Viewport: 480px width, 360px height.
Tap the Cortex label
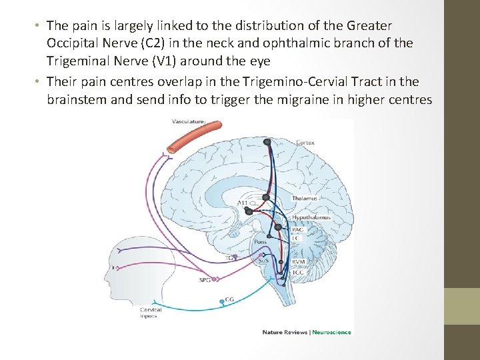pyautogui.click(x=305, y=143)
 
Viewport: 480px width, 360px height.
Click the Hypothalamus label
pyautogui.click(x=311, y=218)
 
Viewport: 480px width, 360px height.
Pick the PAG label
pyautogui.click(x=297, y=230)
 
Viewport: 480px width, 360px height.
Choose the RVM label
pyautogui.click(x=299, y=263)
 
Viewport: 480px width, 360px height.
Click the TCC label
pyautogui.click(x=298, y=272)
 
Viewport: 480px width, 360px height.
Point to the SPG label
pyautogui.click(x=205, y=280)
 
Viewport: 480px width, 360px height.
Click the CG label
pyautogui.click(x=229, y=299)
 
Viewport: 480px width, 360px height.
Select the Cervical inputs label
pyautogui.click(x=151, y=313)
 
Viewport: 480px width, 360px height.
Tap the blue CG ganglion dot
pyautogui.click(x=221, y=303)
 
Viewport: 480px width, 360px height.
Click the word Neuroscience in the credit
pyautogui.click(x=333, y=332)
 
